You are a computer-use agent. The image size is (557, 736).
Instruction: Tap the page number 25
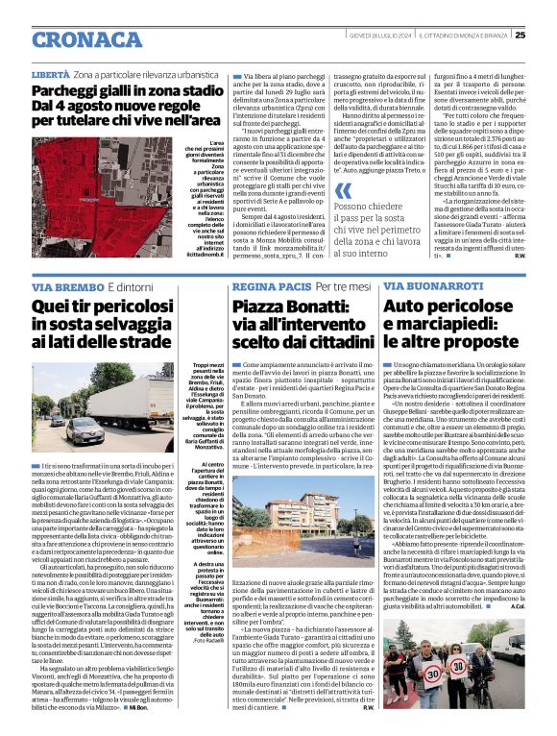coord(545,9)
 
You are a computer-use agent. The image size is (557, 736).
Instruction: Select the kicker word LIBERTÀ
coord(50,74)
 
